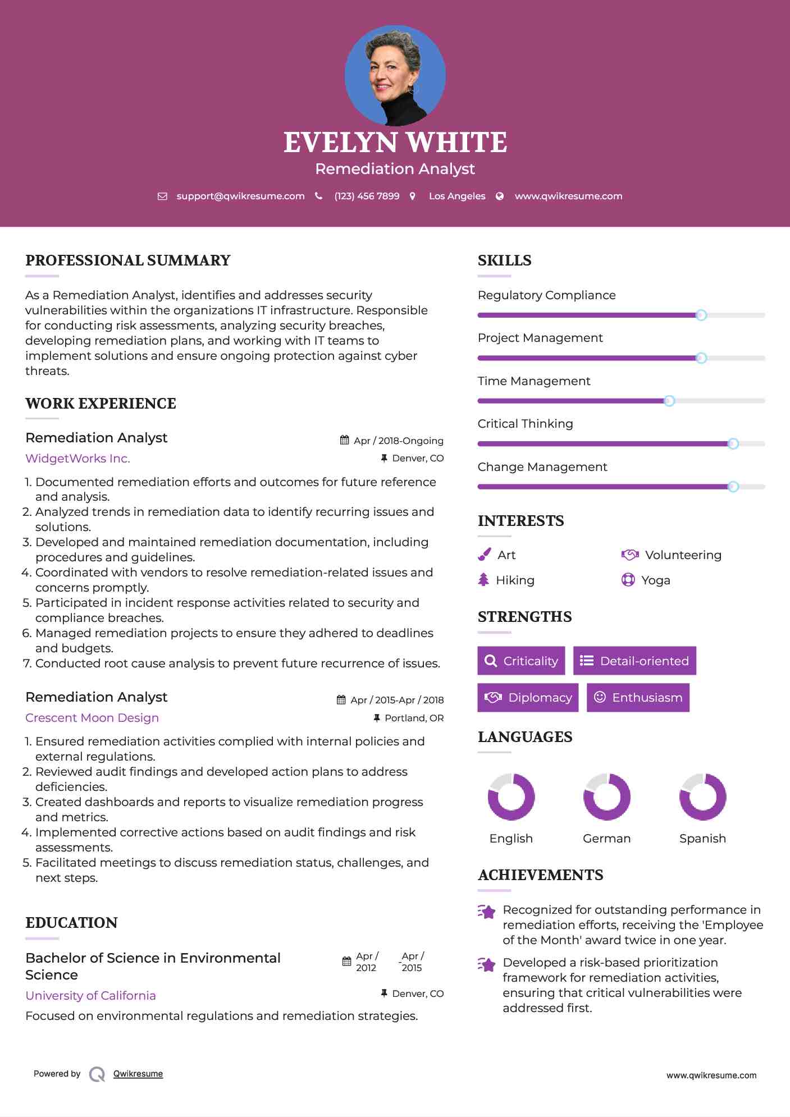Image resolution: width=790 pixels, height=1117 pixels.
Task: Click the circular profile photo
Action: tap(395, 75)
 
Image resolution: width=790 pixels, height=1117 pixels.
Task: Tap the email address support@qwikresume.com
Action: tap(240, 196)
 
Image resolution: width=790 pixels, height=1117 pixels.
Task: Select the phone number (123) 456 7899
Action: tap(367, 196)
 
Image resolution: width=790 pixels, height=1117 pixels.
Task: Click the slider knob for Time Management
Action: tap(669, 401)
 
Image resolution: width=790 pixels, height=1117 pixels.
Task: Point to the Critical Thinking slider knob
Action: tap(733, 444)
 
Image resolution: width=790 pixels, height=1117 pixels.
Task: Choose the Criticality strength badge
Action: tap(521, 661)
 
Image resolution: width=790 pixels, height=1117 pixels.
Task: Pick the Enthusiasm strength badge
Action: tap(638, 697)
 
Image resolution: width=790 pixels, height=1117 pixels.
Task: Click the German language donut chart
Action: tap(607, 796)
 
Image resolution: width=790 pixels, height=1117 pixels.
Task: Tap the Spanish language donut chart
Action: tap(702, 796)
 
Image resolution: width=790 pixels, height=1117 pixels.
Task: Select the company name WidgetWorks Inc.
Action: tap(77, 459)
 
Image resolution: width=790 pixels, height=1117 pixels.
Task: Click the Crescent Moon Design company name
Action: tap(92, 718)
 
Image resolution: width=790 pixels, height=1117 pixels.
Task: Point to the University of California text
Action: tap(90, 996)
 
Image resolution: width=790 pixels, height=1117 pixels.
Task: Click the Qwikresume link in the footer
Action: tap(138, 1074)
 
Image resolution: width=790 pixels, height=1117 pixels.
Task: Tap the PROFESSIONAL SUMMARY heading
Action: tap(128, 260)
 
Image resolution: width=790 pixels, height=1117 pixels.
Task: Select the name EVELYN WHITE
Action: tap(395, 143)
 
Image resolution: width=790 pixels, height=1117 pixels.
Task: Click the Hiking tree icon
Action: tap(483, 580)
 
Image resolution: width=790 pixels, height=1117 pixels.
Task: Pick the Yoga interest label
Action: tap(656, 580)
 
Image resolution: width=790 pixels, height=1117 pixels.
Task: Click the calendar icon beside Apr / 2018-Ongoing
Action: tap(345, 440)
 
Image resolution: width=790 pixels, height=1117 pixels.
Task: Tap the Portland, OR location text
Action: tap(414, 718)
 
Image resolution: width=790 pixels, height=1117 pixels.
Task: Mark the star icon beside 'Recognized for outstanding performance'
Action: tap(487, 912)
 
